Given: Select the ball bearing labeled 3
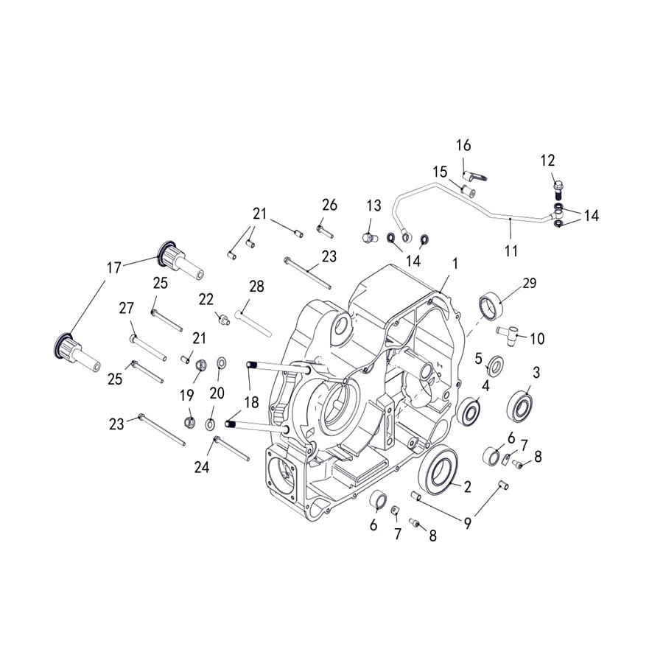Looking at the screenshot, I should tap(520, 405).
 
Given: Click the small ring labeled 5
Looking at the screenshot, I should tap(496, 365).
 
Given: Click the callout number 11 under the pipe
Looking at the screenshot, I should tap(511, 251).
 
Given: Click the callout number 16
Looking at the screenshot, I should tap(463, 145).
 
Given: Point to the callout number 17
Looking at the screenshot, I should tap(113, 267).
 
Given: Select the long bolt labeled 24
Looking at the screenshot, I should tap(231, 449).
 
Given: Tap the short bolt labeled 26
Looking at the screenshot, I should tap(325, 230).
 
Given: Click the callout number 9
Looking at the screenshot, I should tap(467, 524).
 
